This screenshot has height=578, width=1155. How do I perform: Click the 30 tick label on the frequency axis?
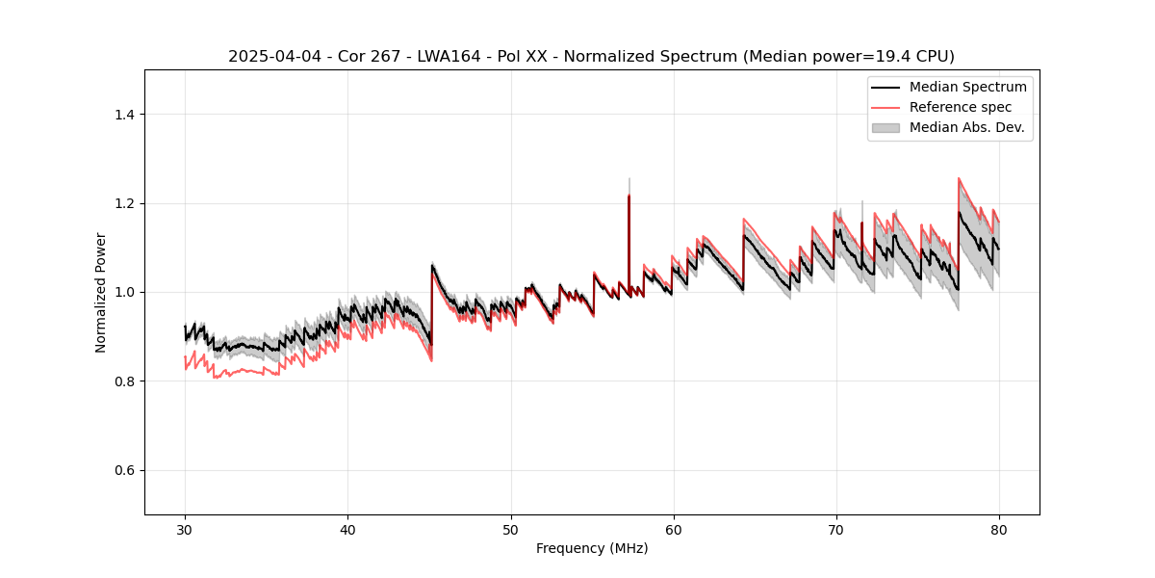coord(185,529)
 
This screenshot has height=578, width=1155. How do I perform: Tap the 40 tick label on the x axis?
coord(347,529)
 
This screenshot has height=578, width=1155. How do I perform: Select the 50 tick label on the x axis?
coord(510,529)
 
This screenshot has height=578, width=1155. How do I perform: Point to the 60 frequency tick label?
coord(673,529)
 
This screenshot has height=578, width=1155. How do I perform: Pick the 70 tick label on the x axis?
coord(835,529)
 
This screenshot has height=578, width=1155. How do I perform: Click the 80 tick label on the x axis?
coord(998,529)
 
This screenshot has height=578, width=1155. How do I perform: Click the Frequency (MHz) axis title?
coord(592,548)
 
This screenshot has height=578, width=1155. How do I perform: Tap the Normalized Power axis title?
coord(101,292)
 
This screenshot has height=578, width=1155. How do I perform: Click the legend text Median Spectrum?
coord(967,87)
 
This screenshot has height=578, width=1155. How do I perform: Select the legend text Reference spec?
coord(961,107)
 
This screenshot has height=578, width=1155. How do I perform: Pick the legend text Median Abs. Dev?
coord(966,127)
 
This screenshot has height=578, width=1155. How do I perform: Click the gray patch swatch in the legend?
coord(885,127)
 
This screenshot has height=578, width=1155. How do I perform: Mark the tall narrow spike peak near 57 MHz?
coord(629,196)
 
